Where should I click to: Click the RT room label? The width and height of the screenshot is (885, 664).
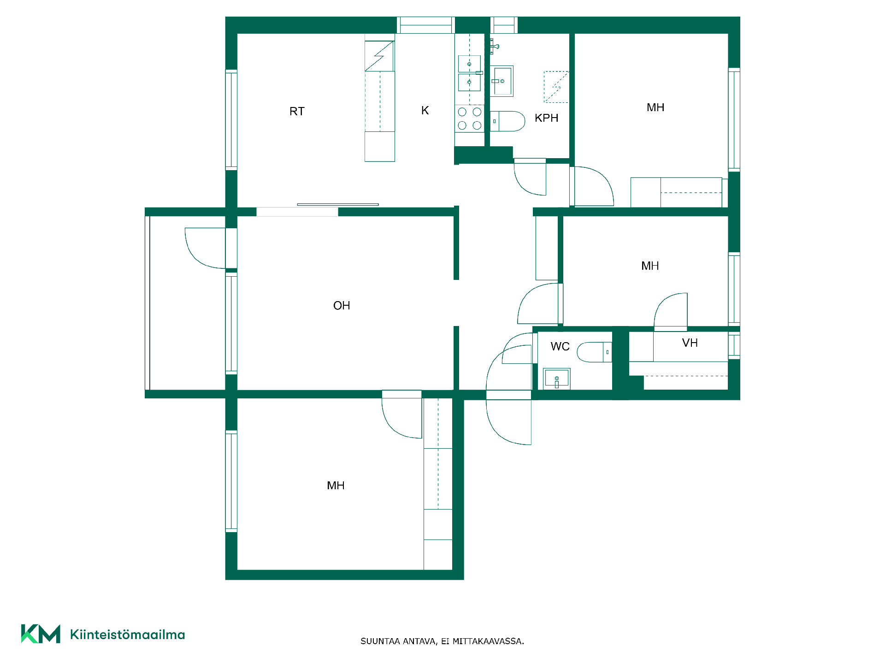pyautogui.click(x=297, y=111)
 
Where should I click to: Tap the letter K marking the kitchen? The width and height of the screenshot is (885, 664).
pyautogui.click(x=425, y=110)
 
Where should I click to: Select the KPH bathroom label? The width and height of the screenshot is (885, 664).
pyautogui.click(x=546, y=118)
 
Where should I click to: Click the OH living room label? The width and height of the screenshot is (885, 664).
pyautogui.click(x=342, y=306)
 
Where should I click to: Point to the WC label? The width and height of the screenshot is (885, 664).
pyautogui.click(x=560, y=346)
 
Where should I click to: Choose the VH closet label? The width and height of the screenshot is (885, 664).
pyautogui.click(x=690, y=343)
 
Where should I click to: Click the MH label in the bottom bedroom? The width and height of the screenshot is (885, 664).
pyautogui.click(x=336, y=486)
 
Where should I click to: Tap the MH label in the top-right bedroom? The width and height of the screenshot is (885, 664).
pyautogui.click(x=655, y=107)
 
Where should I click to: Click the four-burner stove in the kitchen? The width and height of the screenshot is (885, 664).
pyautogui.click(x=469, y=119)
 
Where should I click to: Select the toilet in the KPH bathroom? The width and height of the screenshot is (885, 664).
pyautogui.click(x=507, y=121)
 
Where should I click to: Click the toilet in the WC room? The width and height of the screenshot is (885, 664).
pyautogui.click(x=594, y=352)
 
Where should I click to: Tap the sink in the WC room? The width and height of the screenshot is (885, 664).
pyautogui.click(x=557, y=379)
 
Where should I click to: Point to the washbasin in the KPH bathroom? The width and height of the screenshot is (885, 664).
pyautogui.click(x=501, y=81)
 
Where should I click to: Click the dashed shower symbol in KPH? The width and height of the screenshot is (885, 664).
pyautogui.click(x=556, y=87)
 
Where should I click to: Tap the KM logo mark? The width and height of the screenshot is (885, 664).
pyautogui.click(x=41, y=634)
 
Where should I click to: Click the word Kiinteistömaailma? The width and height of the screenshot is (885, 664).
pyautogui.click(x=127, y=635)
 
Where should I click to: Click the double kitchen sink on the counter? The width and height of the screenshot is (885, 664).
pyautogui.click(x=469, y=73)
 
